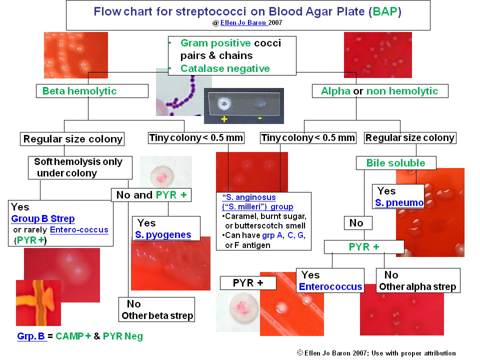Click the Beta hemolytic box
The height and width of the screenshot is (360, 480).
[x=92, y=91]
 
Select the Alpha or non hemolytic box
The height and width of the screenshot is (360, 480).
[x=379, y=91]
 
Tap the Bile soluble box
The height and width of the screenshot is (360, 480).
[x=395, y=163]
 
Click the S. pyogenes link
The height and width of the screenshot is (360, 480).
[x=163, y=235]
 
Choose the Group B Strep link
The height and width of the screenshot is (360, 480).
[x=43, y=218]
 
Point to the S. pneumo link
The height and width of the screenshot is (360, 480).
[x=399, y=203]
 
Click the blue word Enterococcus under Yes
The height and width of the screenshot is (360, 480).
[x=330, y=286]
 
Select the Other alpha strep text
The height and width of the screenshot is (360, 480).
[x=417, y=286]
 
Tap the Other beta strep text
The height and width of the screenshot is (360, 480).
[x=157, y=316]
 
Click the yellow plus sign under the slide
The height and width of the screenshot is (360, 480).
[x=223, y=118]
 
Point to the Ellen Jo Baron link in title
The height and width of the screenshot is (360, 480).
[x=243, y=23]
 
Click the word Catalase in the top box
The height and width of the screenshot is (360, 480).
[x=201, y=68]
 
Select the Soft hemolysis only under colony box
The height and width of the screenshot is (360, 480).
[x=80, y=167]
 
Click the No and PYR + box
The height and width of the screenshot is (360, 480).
[x=151, y=195]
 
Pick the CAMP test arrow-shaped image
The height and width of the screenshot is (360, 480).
[x=38, y=302]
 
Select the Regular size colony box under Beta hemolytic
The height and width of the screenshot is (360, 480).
[x=72, y=139]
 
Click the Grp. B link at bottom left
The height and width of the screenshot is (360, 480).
[x=31, y=336]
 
